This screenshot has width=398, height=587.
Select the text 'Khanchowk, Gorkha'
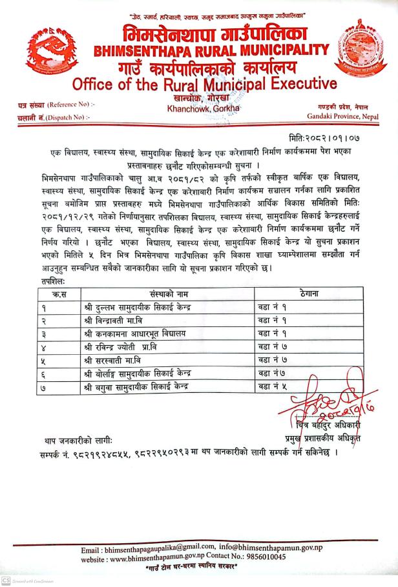194,108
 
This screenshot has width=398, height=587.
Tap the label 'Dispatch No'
70,117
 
